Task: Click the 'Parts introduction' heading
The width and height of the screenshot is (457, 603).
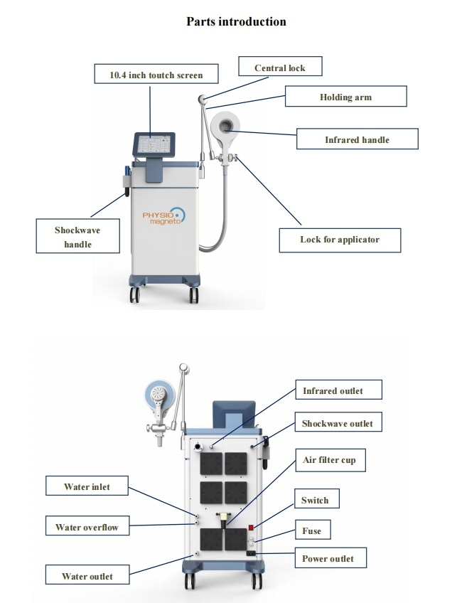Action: click(236, 21)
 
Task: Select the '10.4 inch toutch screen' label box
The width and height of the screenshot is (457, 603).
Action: click(156, 75)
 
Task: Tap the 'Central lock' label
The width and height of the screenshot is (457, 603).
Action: click(279, 68)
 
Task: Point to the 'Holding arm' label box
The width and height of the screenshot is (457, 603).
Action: click(345, 97)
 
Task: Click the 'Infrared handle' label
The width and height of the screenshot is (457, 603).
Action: click(357, 139)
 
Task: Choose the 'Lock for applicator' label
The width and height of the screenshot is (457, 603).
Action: click(340, 240)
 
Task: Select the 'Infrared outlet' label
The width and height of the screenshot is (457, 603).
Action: click(333, 390)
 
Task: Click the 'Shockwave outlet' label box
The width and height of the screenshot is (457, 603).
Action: click(337, 424)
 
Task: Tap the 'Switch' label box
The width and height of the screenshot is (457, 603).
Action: click(315, 500)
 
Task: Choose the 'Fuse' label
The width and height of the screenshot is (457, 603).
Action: click(311, 530)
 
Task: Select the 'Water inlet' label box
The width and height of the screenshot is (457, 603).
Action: click(87, 487)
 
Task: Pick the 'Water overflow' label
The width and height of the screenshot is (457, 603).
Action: click(87, 527)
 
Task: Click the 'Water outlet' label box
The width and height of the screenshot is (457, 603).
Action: click(87, 575)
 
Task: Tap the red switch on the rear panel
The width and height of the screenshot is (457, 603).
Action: click(251, 528)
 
